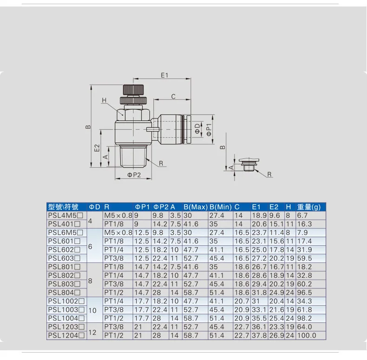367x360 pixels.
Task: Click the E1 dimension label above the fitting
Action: (x=164, y=75)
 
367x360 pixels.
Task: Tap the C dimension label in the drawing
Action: (x=173, y=97)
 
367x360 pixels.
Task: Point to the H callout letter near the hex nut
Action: (x=104, y=100)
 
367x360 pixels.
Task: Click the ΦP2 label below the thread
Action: (x=134, y=175)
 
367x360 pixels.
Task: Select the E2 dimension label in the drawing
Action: (x=97, y=148)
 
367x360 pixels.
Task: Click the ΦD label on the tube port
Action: (x=198, y=129)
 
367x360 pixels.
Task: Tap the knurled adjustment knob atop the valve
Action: (x=133, y=89)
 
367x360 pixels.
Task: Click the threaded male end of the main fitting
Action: (x=133, y=157)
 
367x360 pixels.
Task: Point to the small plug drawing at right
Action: (x=249, y=165)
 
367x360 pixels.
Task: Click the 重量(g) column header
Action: (x=309, y=207)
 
